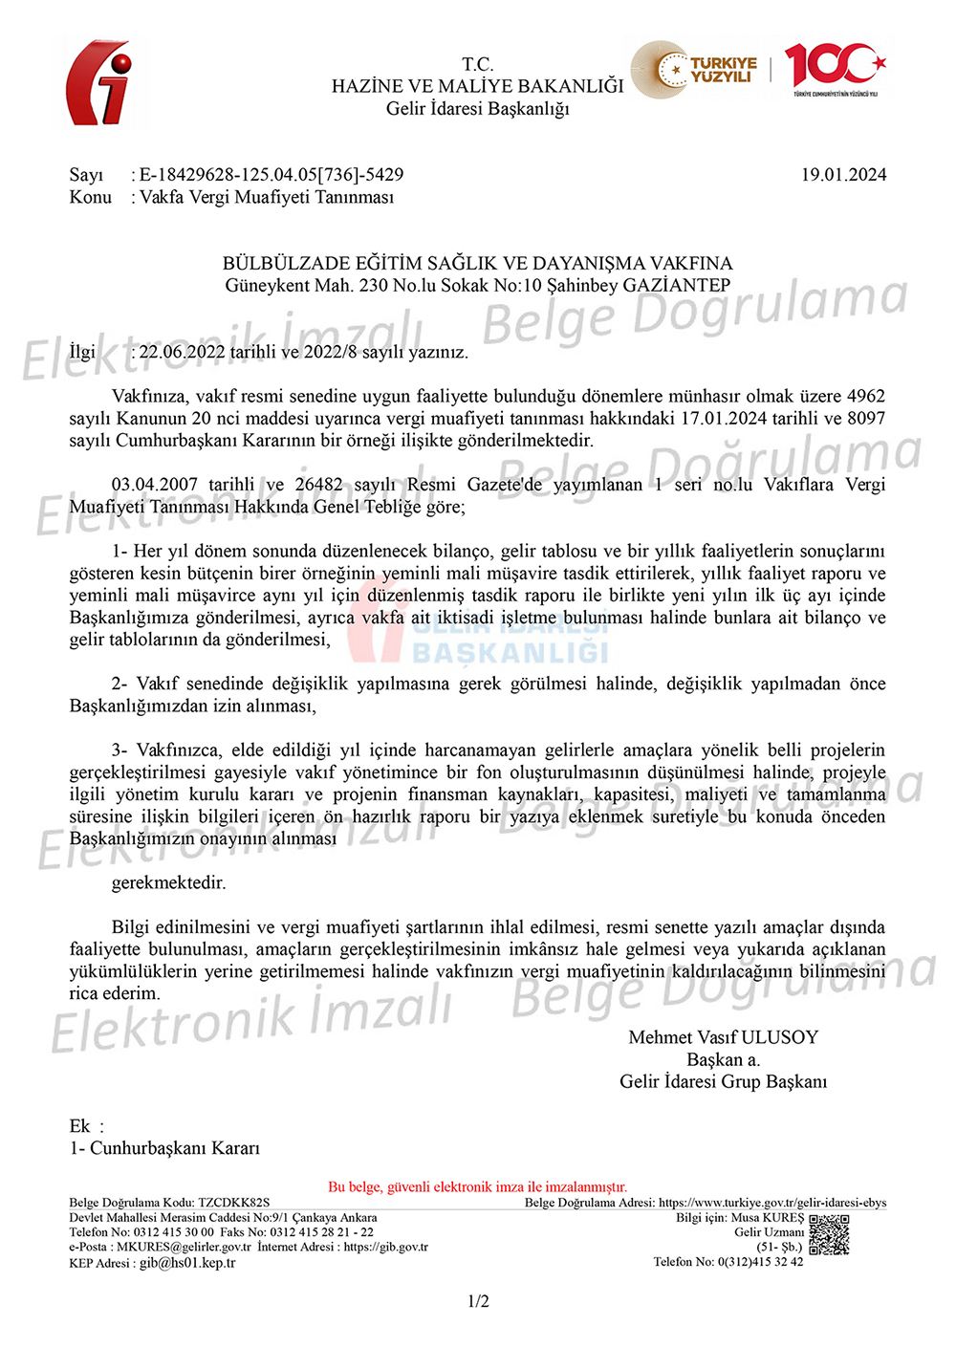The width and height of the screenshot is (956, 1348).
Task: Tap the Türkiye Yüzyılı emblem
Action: click(x=706, y=69)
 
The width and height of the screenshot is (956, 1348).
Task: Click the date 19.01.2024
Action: click(x=843, y=175)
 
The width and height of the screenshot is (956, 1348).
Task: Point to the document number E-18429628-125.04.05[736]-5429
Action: click(x=272, y=175)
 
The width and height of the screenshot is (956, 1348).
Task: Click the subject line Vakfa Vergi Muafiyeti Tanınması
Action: click(x=267, y=197)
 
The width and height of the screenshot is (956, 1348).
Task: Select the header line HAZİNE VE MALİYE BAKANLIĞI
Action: click(x=477, y=86)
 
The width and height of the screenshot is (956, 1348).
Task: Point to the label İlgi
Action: click(x=82, y=352)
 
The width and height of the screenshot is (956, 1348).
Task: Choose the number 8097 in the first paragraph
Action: click(x=865, y=418)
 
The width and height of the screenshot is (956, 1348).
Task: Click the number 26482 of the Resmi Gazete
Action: click(x=318, y=485)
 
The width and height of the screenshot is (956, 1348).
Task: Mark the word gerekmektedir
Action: click(x=169, y=882)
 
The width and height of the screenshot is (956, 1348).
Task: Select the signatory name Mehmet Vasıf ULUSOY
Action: click(x=723, y=1037)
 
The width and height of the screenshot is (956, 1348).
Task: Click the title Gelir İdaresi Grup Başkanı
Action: click(x=723, y=1081)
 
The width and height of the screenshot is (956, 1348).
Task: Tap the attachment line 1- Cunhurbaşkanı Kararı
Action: click(x=164, y=1148)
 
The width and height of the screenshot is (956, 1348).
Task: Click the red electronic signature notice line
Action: click(x=477, y=1186)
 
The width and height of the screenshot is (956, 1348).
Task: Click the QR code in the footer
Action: click(x=829, y=1234)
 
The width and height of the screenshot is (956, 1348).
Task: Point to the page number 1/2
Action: click(x=478, y=1301)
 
